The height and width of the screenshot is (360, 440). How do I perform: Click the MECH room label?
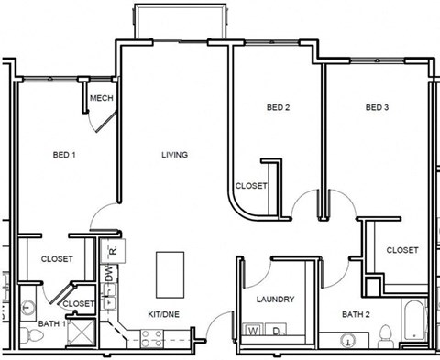101,99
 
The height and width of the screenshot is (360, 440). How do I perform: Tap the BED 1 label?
63,156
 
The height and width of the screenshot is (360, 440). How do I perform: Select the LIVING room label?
174,155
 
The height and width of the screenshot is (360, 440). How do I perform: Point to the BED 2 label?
279,108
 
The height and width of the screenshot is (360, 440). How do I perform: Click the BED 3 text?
378,108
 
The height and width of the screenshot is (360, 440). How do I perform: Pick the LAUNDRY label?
276,300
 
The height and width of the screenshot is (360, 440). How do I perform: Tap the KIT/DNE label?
163,313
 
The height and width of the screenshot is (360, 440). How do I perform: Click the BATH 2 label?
356,315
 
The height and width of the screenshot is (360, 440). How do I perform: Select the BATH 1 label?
51,324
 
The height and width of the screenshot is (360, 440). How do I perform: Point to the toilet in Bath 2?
386,335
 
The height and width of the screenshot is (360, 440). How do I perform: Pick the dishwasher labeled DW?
108,273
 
